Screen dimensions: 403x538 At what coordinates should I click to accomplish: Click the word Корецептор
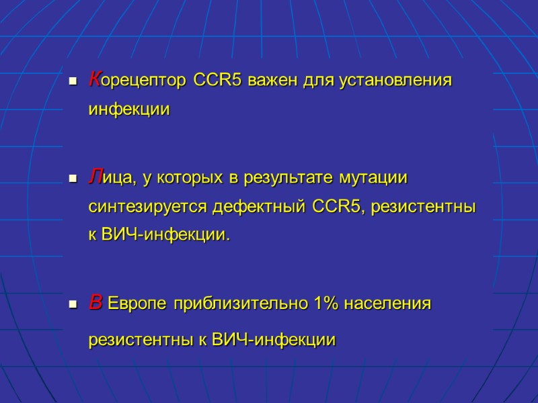139,81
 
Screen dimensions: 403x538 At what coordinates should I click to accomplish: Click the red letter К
95,81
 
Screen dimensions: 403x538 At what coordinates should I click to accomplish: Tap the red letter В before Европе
95,304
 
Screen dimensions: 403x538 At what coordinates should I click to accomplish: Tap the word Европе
138,304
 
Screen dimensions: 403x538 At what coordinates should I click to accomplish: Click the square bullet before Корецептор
71,83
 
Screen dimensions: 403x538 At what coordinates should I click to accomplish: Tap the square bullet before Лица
71,180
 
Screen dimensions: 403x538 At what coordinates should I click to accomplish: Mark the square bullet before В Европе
71,306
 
